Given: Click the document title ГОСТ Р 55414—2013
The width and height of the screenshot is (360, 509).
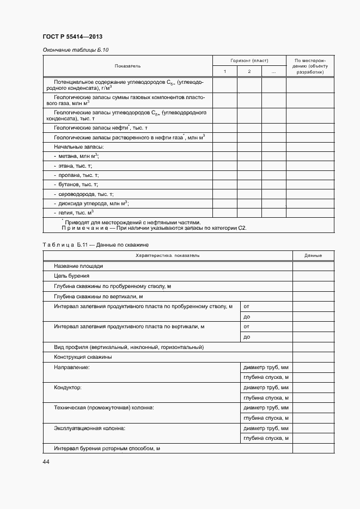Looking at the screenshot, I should click(72, 37).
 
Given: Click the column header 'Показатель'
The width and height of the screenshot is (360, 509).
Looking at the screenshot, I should click(127, 66).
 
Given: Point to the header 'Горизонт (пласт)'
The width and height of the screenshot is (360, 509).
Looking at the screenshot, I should click(249, 60).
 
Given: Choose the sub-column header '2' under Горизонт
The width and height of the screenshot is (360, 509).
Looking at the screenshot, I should click(249, 72).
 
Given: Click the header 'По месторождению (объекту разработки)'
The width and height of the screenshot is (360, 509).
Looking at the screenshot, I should click(310, 66).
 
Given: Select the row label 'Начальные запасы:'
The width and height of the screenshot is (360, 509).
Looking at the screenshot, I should click(79, 147).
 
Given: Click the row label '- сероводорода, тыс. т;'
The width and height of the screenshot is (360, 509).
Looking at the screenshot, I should click(83, 194).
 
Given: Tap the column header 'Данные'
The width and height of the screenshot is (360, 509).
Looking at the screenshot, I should click(313, 255).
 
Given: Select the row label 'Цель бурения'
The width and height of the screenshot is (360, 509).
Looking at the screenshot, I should click(71, 276).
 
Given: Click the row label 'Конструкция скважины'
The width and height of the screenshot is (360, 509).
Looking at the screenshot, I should click(83, 357).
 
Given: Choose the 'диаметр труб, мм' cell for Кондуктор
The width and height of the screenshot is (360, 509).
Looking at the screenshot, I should click(266, 388).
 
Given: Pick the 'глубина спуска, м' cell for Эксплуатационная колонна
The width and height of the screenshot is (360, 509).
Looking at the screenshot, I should click(266, 438).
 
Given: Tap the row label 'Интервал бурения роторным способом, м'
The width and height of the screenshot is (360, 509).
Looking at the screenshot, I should click(107, 449).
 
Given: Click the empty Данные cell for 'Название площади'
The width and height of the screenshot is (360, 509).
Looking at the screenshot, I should click(313, 266).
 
